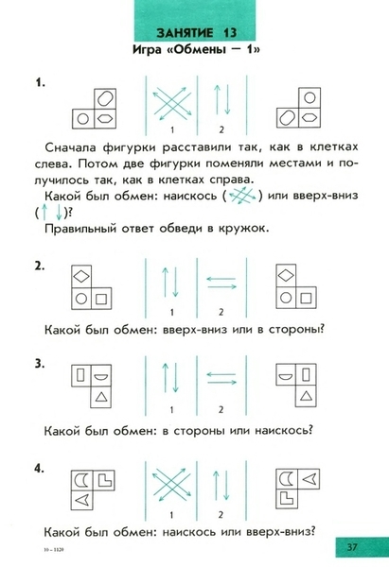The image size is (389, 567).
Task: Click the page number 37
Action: click(x=352, y=546)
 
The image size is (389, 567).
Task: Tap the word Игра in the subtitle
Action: click(x=147, y=49)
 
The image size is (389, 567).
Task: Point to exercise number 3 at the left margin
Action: click(x=40, y=364)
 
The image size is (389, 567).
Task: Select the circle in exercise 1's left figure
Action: click(x=83, y=119)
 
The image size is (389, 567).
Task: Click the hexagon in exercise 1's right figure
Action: click(x=309, y=117)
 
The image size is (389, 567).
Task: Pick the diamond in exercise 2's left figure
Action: click(x=81, y=277)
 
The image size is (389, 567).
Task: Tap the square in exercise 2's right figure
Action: click(x=306, y=299)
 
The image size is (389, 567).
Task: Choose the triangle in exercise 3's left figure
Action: click(x=101, y=397)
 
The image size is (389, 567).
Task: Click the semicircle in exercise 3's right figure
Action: click(x=286, y=377)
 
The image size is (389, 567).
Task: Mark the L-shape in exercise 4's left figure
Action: click(x=105, y=479)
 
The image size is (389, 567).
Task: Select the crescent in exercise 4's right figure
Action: click(x=287, y=479)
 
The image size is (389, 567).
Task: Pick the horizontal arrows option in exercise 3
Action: click(x=221, y=378)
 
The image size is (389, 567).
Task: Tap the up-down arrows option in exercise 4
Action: click(x=221, y=486)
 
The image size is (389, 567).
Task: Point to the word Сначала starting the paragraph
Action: click(x=71, y=147)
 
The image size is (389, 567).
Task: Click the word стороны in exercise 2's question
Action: click(x=296, y=330)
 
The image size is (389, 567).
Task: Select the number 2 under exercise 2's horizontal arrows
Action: click(x=221, y=312)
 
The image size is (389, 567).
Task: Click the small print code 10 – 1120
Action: click(x=54, y=550)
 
